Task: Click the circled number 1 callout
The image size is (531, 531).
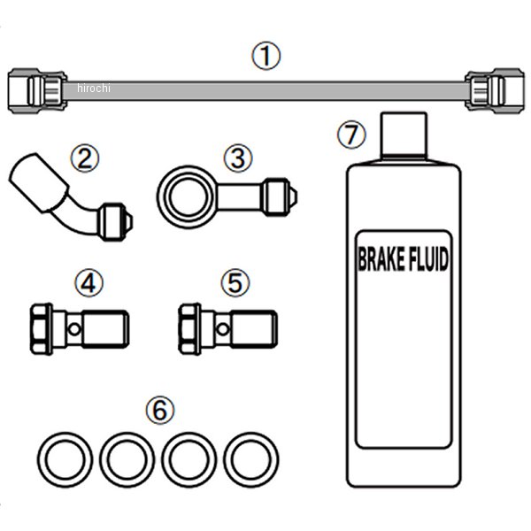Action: tap(265, 56)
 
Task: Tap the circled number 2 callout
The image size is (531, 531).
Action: tap(85, 158)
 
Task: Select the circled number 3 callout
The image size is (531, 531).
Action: tap(238, 158)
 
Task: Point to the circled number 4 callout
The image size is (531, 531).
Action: tap(89, 283)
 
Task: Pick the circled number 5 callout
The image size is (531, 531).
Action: tap(235, 283)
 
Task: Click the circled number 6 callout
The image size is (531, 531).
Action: tap(160, 410)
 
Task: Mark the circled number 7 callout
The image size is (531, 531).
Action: tap(351, 135)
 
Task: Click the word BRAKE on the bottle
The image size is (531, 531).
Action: tap(381, 259)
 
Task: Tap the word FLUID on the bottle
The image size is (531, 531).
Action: tap(429, 259)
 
